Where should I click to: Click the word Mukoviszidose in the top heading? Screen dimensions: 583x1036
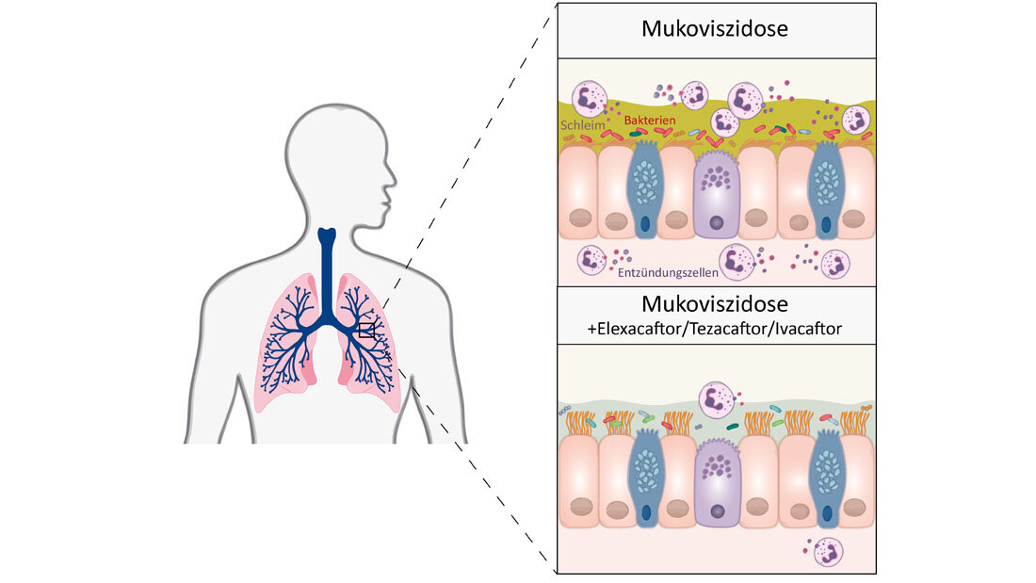click(715, 29)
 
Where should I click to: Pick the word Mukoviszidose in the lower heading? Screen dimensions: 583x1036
click(715, 304)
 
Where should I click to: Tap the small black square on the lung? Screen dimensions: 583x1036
click(366, 331)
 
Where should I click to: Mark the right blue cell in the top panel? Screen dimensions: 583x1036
click(826, 188)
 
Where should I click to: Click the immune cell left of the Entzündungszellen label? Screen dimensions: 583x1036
click(591, 259)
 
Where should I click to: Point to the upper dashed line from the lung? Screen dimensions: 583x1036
click(461, 170)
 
